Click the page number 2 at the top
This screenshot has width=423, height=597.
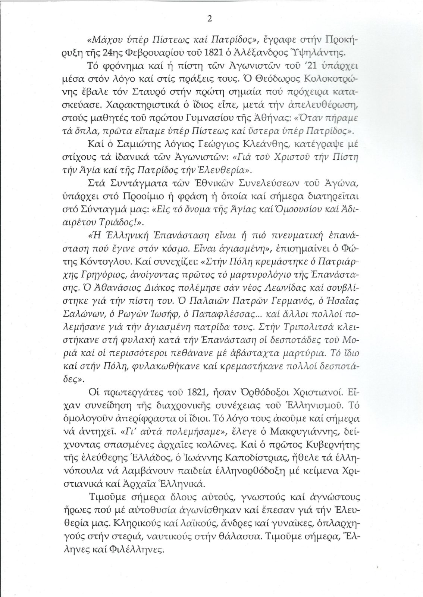pos(209,20)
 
